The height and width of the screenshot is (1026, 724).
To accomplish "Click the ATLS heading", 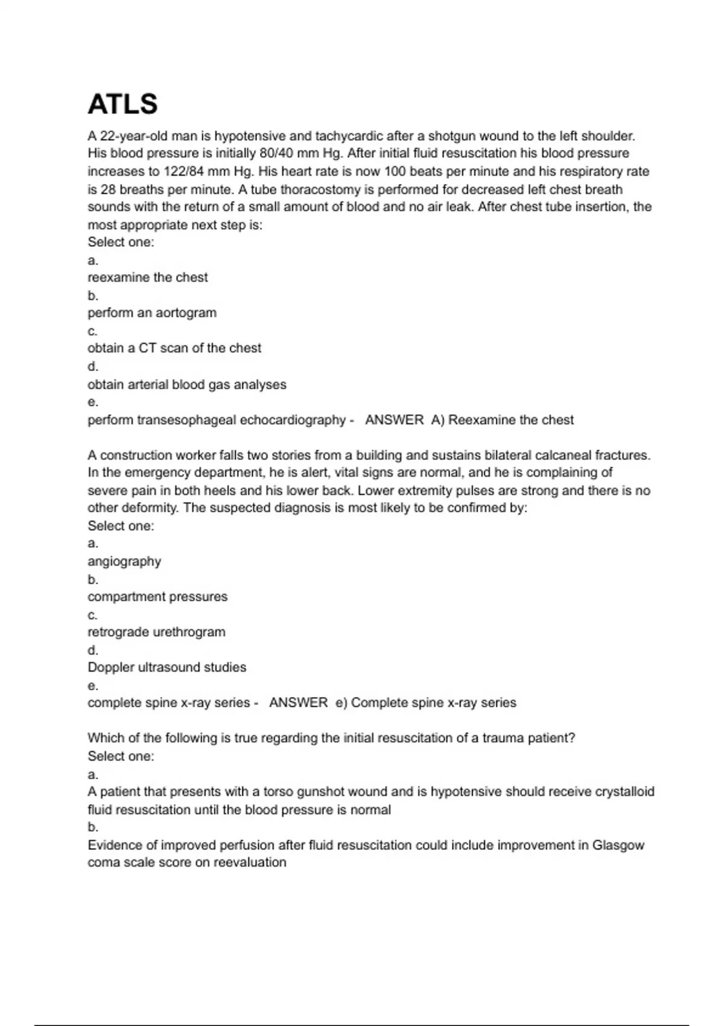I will pos(122,104).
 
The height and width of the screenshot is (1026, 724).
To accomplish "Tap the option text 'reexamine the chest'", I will pos(148,278).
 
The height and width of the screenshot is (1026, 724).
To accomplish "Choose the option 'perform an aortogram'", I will pos(152,313).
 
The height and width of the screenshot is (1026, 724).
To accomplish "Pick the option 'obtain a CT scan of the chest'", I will pos(174,348).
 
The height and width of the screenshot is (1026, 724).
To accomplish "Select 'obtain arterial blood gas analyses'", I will pos(187,384).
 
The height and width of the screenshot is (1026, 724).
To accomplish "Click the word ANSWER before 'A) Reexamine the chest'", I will pos(394,420).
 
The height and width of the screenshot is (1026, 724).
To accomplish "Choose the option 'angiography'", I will pos(124,561).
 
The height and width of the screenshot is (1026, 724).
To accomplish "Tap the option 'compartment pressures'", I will pos(157,597).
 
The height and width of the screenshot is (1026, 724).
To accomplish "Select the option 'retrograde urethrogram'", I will pos(156,632).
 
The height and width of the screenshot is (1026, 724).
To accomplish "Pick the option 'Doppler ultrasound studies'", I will pos(167,668).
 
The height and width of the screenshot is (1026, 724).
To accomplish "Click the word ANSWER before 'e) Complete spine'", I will pos(298,703).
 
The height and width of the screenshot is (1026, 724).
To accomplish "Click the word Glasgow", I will pos(618,846).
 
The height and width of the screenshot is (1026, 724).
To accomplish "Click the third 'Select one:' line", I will pos(121,756).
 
